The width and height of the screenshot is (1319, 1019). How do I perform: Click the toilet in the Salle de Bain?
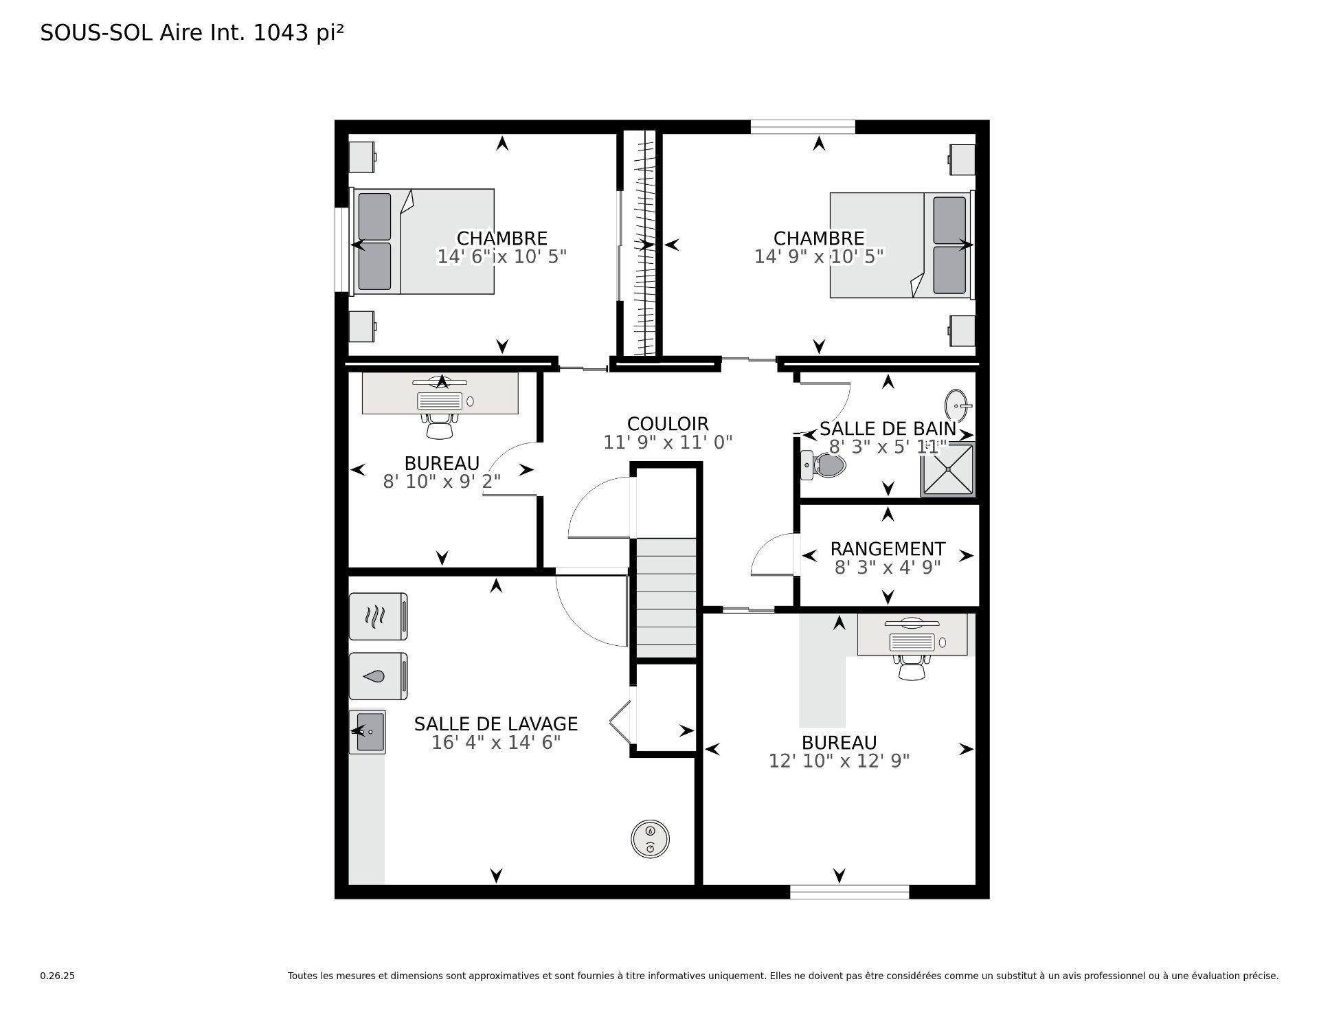824,465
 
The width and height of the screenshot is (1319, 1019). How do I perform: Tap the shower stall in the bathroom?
948,470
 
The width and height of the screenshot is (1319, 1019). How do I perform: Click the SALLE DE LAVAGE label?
495,724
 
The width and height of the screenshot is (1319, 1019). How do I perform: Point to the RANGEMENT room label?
888,549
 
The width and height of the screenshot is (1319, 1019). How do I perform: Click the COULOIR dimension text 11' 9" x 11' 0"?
668,443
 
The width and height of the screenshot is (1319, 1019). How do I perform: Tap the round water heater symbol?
650,838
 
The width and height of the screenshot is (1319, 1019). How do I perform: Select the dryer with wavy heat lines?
378,616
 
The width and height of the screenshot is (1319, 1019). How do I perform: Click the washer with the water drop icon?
378,676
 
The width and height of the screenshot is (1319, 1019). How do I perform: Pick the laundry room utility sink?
368,732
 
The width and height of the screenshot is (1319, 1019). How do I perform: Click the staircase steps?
666,598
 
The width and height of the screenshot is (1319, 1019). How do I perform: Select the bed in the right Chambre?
900,245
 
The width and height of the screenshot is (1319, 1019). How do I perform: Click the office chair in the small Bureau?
440,425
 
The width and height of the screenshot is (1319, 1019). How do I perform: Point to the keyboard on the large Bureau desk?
912,642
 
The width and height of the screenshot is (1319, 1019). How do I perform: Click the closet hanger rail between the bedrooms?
644,244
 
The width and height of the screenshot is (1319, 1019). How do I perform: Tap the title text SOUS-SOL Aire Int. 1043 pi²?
192,33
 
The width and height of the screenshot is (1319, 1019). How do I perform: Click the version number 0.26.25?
57,976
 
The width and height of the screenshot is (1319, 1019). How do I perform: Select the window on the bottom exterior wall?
849,892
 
